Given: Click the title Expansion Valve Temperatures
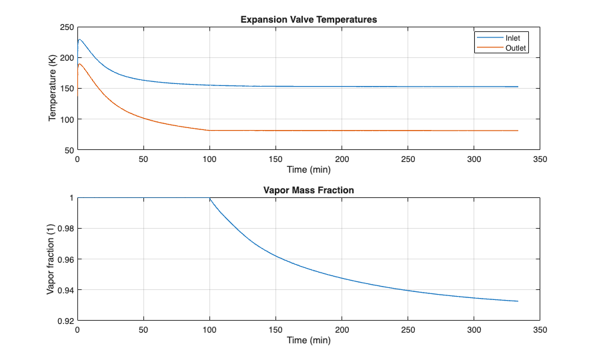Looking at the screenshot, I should click(x=309, y=19).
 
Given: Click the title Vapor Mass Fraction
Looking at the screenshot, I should click(x=309, y=190).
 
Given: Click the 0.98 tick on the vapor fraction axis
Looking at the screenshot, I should click(x=65, y=229).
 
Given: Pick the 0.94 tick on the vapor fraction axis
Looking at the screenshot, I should click(x=65, y=290).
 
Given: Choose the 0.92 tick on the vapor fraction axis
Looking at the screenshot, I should click(x=65, y=321).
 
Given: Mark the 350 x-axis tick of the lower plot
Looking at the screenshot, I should click(x=540, y=330).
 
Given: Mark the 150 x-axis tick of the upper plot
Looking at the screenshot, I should click(x=276, y=159).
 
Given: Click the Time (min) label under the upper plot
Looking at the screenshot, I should click(x=309, y=169).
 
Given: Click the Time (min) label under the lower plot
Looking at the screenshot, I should click(x=309, y=340).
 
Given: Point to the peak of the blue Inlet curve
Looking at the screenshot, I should click(x=79, y=39).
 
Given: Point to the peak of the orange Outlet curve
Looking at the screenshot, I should click(x=79, y=64).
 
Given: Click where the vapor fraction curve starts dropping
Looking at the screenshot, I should click(x=210, y=199).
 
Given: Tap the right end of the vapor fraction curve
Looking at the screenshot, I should click(x=518, y=301).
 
